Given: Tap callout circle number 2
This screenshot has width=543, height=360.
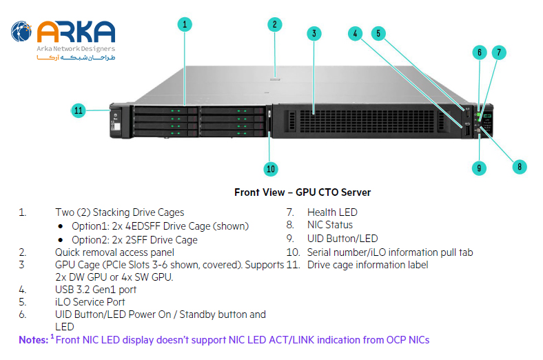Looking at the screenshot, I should coord(274,25).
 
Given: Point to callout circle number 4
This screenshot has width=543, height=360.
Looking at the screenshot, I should coord(355,33).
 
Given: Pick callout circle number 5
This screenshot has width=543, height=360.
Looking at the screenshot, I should coord(378,32).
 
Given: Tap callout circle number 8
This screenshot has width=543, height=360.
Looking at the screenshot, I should coord(518,166).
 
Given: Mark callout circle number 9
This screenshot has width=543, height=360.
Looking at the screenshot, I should coord(480,167).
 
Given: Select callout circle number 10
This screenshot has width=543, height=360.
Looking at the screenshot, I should coord(271,168).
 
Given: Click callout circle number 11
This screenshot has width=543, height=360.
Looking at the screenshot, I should coord(79,110).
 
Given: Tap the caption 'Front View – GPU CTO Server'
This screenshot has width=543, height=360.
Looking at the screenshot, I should coord(303,192).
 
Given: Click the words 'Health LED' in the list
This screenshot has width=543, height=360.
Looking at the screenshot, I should coord(332,212).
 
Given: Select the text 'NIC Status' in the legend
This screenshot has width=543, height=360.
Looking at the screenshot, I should coord(329,225).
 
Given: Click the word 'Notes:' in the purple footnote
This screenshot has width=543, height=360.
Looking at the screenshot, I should coord(32,340).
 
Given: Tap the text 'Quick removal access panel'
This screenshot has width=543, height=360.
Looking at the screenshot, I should coord(119,252).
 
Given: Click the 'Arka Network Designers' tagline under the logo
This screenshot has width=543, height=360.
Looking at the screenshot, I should coord(76,49).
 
